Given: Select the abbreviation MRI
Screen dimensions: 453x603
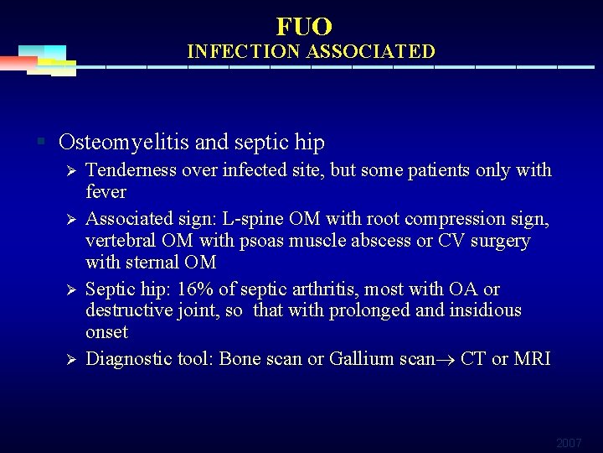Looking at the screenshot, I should pyautogui.click(x=533, y=359).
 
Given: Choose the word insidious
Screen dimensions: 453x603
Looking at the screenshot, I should pyautogui.click(x=482, y=311).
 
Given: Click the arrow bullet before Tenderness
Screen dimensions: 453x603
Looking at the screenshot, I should pyautogui.click(x=72, y=171).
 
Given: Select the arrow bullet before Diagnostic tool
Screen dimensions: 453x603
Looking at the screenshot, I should pyautogui.click(x=72, y=360).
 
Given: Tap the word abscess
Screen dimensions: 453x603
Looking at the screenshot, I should pyautogui.click(x=399, y=241).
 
